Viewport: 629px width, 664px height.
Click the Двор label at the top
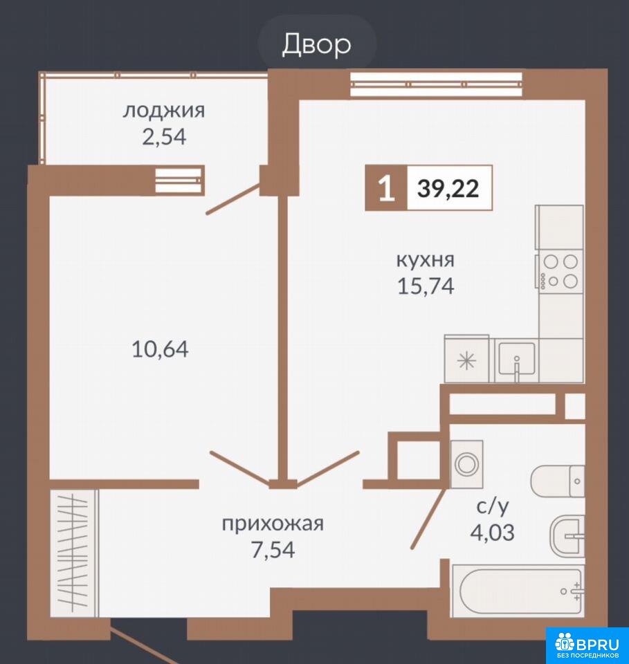click(x=317, y=44)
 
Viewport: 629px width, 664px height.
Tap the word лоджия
click(x=164, y=111)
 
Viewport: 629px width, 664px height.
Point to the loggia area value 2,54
click(x=164, y=137)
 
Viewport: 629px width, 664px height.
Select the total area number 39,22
click(x=448, y=188)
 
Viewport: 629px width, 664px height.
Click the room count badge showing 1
click(x=386, y=188)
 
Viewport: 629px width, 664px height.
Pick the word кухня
click(x=426, y=259)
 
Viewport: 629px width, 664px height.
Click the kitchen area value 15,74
click(x=426, y=286)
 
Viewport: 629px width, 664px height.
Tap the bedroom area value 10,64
click(x=160, y=349)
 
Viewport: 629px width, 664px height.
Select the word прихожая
click(x=273, y=524)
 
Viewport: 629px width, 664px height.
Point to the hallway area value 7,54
click(x=273, y=550)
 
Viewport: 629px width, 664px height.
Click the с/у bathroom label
click(x=493, y=506)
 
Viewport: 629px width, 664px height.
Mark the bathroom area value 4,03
click(x=493, y=533)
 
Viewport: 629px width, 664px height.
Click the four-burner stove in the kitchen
click(x=560, y=271)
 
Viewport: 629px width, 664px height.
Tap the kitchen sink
click(x=517, y=360)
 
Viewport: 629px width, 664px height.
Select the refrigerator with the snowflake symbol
click(x=466, y=359)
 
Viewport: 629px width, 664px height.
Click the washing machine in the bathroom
click(x=467, y=463)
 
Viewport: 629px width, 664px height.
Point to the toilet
click(x=558, y=481)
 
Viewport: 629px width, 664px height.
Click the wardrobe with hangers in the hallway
click(x=74, y=553)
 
